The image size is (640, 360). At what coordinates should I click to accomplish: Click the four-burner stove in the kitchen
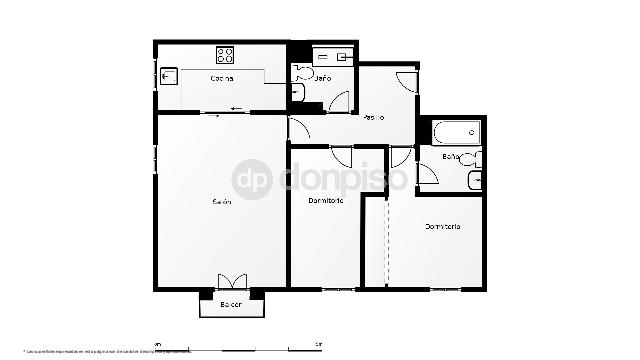225,55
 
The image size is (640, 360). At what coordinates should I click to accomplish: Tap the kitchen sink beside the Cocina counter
168,76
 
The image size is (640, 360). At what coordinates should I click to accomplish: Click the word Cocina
222,79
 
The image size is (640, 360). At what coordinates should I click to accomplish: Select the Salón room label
221,202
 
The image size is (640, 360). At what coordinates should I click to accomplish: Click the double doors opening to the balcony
232,282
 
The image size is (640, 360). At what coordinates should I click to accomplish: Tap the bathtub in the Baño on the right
458,132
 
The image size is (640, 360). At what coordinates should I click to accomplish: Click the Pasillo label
373,117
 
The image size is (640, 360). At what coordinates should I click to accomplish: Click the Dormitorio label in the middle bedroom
327,201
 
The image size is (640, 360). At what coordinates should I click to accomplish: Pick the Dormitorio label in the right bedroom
442,227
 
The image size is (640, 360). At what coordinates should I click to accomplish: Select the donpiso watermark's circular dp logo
252,180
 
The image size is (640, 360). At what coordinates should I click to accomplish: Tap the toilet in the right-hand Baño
473,158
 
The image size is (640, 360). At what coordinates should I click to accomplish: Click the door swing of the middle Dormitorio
342,155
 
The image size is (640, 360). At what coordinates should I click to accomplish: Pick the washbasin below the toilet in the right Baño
475,180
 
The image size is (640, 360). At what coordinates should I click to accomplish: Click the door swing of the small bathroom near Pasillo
340,101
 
